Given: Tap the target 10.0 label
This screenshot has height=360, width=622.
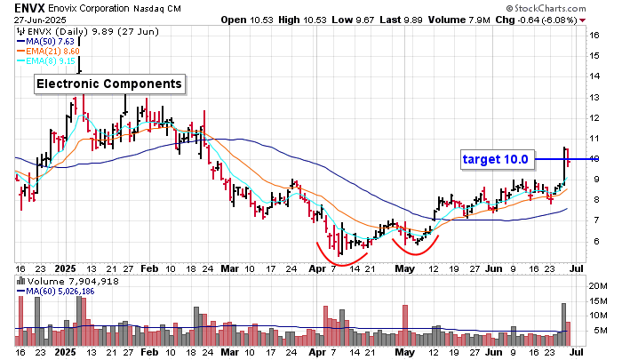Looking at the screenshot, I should [x=496, y=160].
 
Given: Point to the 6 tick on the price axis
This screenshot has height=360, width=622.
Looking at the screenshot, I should [x=593, y=241].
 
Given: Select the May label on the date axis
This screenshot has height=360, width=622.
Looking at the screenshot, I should [x=404, y=267].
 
